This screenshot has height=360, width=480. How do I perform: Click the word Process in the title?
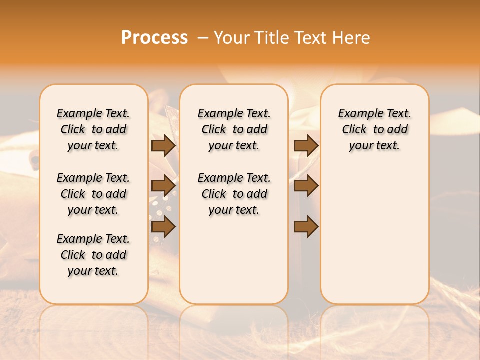pos(154,38)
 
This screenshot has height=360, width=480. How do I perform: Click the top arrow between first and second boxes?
pos(163,146)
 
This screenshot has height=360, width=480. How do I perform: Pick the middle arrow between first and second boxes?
pos(163,186)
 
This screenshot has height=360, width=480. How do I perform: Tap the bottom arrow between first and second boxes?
pos(163,227)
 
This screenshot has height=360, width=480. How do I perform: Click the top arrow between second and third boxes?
pos(306,146)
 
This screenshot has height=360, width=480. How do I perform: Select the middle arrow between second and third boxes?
pos(306,186)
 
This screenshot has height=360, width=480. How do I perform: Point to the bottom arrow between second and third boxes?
pos(306,227)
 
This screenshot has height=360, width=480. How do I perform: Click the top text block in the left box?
pos(93,129)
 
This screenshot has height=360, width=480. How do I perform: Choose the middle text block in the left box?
pos(93,194)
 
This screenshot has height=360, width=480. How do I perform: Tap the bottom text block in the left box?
pos(93,255)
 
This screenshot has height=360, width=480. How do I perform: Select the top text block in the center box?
pos(234,129)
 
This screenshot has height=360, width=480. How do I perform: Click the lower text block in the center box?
pos(234,194)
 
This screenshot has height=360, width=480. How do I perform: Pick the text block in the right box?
pos(374,129)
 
